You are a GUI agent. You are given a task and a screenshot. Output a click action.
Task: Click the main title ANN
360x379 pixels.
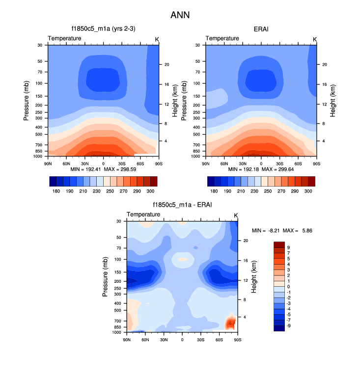[x=180, y=15]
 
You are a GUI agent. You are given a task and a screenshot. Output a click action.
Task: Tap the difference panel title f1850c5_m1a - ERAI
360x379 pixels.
[x=182, y=205]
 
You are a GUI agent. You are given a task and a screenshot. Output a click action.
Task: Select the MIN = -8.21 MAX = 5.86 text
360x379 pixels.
[x=282, y=230]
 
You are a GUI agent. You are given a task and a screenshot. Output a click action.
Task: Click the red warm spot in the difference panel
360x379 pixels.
[x=230, y=323]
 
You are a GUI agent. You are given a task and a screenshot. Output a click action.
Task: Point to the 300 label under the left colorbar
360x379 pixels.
[x=150, y=190]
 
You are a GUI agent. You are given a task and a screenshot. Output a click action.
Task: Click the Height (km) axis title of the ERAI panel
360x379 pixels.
[x=332, y=101]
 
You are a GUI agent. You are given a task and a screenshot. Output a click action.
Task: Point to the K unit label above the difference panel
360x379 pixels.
[x=236, y=216]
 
